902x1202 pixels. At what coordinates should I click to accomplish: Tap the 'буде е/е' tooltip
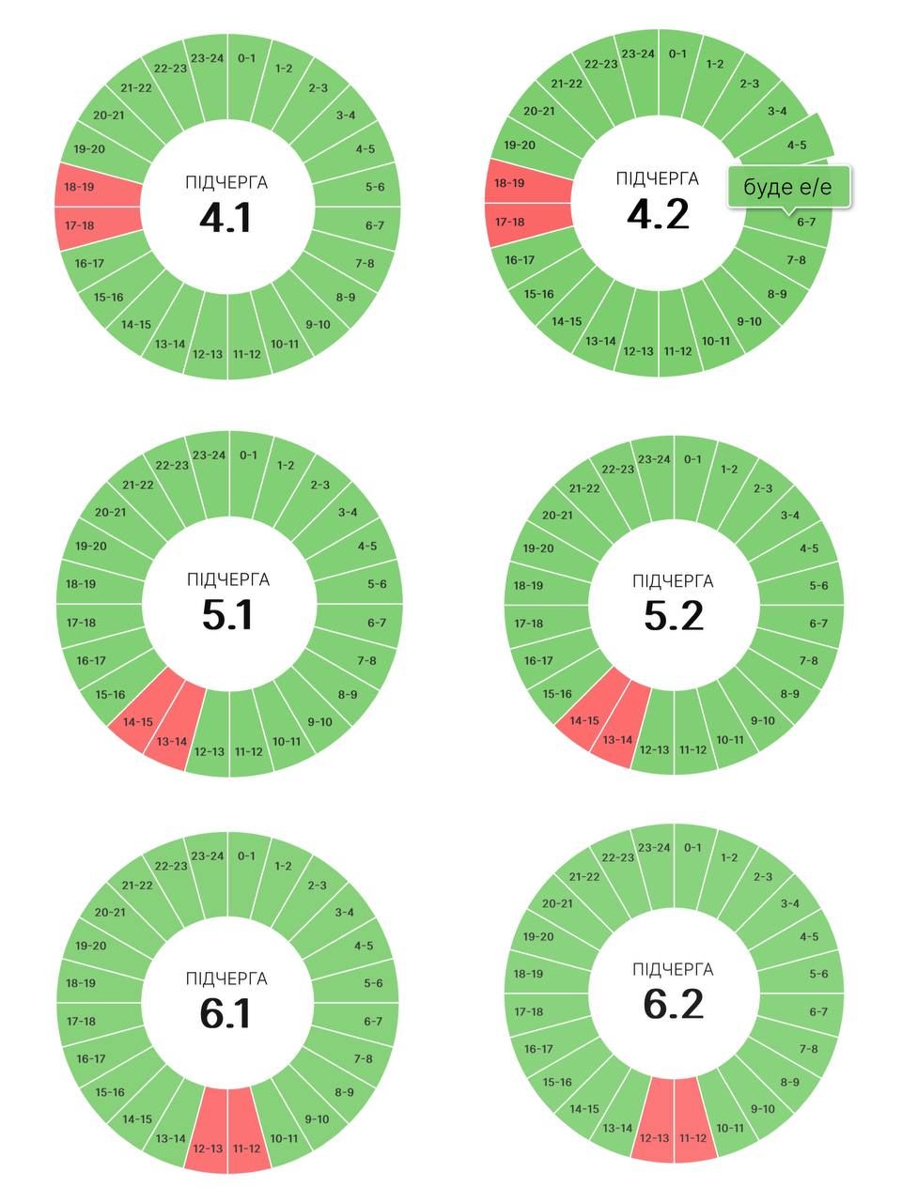[788, 187]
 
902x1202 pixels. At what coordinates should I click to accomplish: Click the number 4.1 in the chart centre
[225, 218]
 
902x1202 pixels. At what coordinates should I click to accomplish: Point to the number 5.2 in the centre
[674, 615]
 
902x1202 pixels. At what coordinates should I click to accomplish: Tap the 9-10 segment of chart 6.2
[762, 1108]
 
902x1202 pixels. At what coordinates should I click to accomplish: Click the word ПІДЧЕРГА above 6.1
[226, 979]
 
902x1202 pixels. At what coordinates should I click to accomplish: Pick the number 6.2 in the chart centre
[674, 1004]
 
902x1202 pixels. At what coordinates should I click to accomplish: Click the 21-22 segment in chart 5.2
[584, 488]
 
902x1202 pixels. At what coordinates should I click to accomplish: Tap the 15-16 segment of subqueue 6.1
[111, 1092]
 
